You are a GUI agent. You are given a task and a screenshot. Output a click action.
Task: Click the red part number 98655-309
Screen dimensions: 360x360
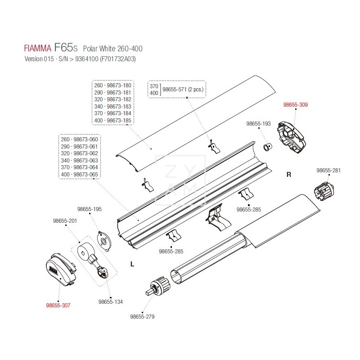pyautogui.click(x=295, y=105)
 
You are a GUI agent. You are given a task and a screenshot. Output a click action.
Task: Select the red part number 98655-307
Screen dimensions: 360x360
pyautogui.click(x=58, y=305)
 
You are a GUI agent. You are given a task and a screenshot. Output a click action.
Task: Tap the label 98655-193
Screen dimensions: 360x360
pyautogui.click(x=259, y=124)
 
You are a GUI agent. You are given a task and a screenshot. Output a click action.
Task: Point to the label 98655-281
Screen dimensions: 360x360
pyautogui.click(x=328, y=171)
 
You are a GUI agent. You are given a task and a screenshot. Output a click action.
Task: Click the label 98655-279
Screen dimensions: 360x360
pyautogui.click(x=142, y=316)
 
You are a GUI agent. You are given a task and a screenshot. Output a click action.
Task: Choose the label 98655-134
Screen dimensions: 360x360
pyautogui.click(x=110, y=301)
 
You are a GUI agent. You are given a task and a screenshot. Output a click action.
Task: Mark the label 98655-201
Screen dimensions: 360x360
pyautogui.click(x=65, y=220)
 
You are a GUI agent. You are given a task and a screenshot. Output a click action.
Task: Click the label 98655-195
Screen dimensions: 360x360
pyautogui.click(x=90, y=209)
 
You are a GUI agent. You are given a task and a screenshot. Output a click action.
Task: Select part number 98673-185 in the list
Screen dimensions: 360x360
pyautogui.click(x=113, y=121)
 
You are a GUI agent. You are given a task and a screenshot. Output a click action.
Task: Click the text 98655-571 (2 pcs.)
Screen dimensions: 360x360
pyautogui.click(x=184, y=89)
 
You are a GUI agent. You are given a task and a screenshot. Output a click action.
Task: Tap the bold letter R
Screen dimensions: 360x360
pyautogui.click(x=289, y=175)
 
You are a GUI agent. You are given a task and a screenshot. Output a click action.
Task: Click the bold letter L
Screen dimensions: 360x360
pyautogui.click(x=132, y=265)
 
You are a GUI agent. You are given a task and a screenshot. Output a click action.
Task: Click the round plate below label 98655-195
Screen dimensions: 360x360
pyautogui.click(x=104, y=240)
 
